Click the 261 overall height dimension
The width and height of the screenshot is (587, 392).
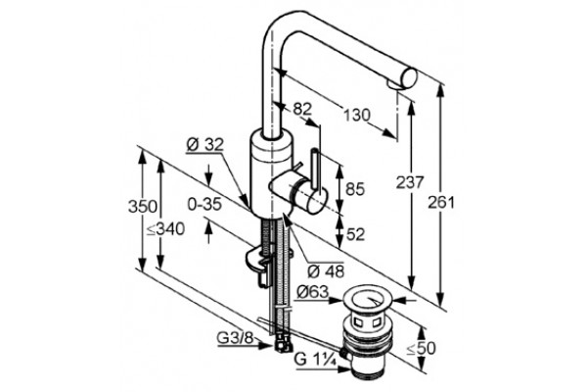point(441,203)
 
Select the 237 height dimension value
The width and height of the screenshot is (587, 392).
point(410,182)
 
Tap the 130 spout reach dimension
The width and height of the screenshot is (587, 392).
point(357,115)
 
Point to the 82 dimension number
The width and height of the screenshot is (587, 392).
point(302,109)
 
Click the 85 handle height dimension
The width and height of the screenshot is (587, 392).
point(355,189)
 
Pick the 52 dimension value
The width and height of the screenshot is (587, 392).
point(355,235)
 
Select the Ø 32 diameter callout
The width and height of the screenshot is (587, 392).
point(204,144)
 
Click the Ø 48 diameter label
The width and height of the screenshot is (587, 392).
point(326,270)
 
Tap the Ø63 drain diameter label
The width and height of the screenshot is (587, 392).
point(312,291)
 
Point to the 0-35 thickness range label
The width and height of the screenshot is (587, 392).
point(204,205)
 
